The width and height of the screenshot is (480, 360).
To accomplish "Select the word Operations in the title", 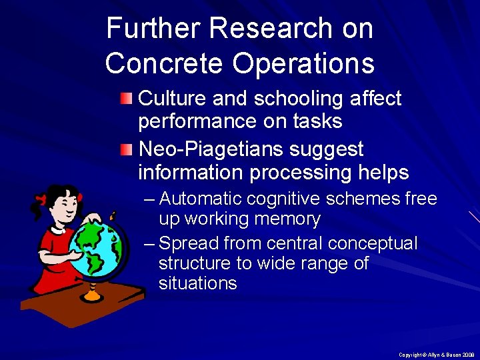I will coord(303,63).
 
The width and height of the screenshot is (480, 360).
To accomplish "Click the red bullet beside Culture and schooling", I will coord(127,99).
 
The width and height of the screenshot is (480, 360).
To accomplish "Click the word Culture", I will coord(173,99).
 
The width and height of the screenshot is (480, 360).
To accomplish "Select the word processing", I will coord(299,173).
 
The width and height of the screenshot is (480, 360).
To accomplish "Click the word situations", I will coord(197,283).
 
